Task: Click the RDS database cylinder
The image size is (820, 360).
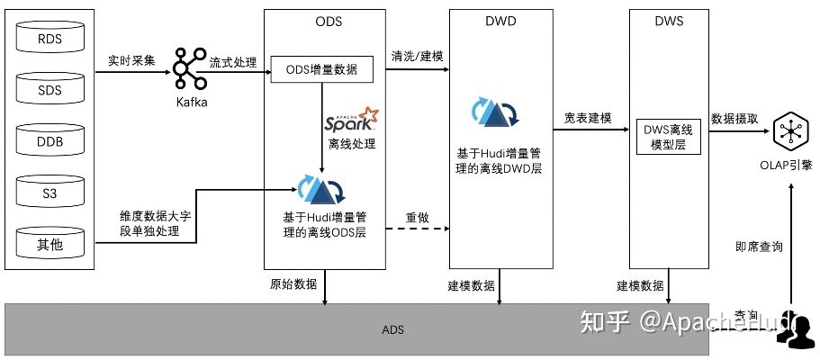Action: [x=50, y=39]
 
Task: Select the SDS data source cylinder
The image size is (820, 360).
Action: [x=50, y=90]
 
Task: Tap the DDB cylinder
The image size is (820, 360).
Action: [x=50, y=141]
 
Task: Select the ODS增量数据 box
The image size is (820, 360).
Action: [x=322, y=69]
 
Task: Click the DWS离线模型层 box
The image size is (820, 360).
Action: [x=668, y=136]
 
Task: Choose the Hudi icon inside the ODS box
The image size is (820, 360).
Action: [x=321, y=189]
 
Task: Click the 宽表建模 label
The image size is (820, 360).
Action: [x=588, y=119]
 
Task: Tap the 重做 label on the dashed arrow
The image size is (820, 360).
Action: [x=418, y=218]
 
